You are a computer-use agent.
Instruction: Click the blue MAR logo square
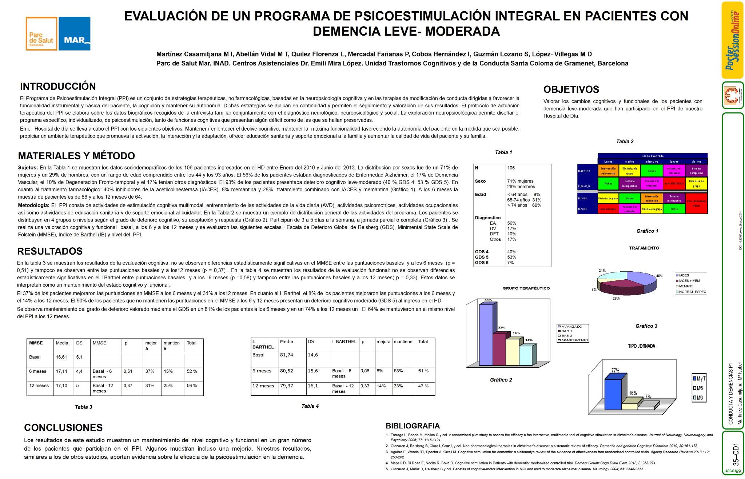coord(74,33)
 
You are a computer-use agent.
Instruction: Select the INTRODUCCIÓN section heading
coord(58,87)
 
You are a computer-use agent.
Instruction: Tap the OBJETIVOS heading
coord(571,89)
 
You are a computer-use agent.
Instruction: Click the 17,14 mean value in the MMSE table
coord(61,371)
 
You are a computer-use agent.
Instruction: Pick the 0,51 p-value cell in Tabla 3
coord(128,371)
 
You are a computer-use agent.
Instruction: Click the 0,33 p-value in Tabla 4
coord(365,386)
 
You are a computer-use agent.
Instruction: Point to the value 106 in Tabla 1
coord(511,168)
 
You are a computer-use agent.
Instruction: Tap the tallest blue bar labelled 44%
coord(486,335)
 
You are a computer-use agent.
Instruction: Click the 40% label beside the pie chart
coord(660,276)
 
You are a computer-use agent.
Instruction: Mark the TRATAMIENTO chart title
coord(644,248)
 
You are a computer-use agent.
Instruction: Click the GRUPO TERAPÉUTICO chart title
coord(526,288)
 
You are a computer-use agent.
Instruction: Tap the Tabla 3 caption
coord(83,407)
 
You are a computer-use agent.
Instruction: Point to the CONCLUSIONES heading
coord(63,428)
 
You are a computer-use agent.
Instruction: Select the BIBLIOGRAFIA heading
coord(413,426)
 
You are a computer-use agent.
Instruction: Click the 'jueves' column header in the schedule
coord(674,161)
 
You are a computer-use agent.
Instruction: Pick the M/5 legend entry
coord(699,388)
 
